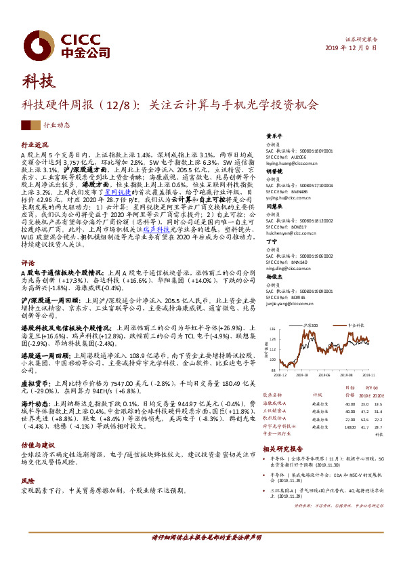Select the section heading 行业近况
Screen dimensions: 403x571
point(35,145)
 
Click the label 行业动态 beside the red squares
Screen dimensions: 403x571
point(57,125)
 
